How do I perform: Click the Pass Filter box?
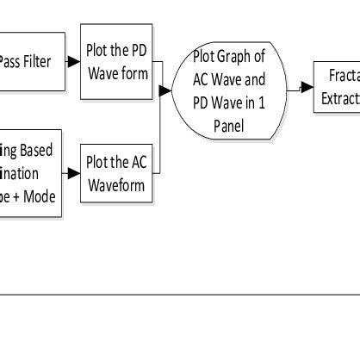click(32, 61)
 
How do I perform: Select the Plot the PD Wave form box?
click(116, 61)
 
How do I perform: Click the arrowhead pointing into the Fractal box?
click(307, 87)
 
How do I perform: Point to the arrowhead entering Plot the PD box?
click(77, 61)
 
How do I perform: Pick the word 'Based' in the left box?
click(34, 152)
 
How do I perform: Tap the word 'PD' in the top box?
click(137, 51)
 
